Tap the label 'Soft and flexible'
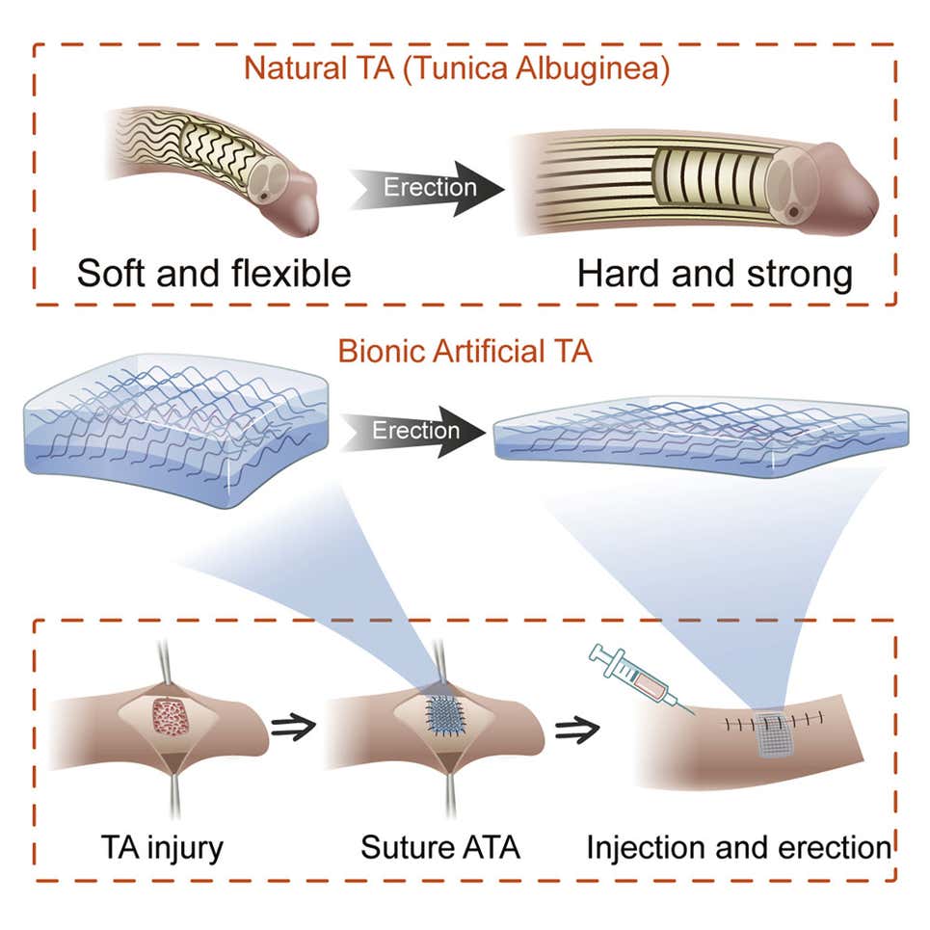click(x=214, y=274)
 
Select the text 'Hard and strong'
click(x=715, y=274)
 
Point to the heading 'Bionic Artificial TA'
click(x=465, y=351)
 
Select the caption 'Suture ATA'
click(x=440, y=848)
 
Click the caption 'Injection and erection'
click(x=739, y=848)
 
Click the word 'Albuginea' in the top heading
click(x=614, y=69)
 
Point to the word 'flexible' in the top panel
click(x=286, y=274)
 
